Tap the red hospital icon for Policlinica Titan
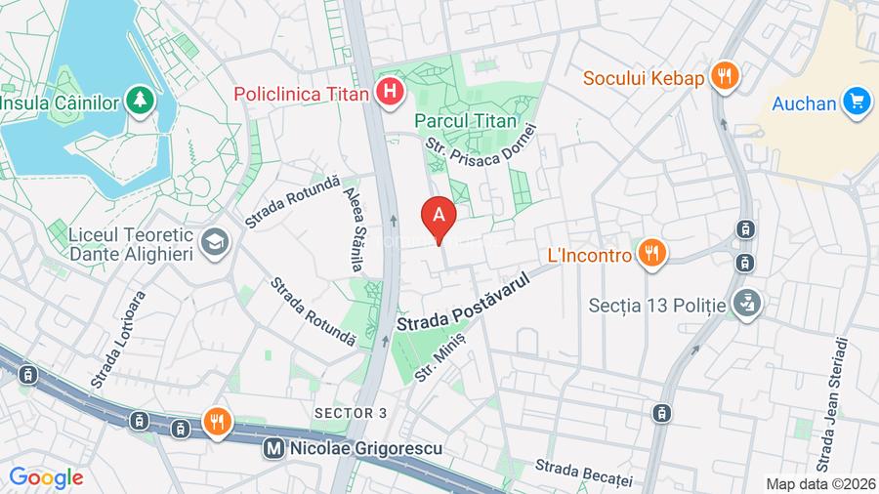tap(390, 94)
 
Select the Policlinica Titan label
tap(303, 94)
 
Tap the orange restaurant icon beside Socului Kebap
tap(723, 76)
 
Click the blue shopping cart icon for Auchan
tap(858, 102)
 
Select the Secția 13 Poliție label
tap(657, 305)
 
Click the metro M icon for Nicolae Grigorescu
tap(276, 449)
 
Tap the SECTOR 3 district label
tap(351, 413)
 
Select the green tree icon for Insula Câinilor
tap(143, 101)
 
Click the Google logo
tap(46, 478)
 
